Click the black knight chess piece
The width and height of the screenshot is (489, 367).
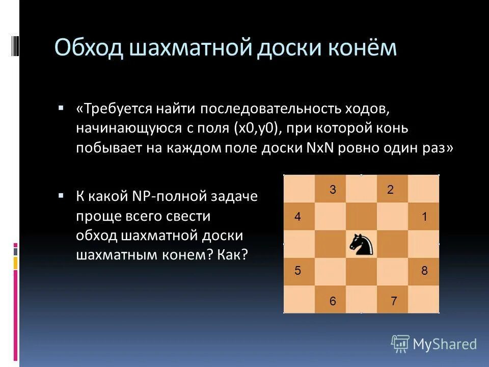[361, 245]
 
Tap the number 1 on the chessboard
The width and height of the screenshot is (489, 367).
[424, 217]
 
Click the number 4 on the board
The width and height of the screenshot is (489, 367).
[297, 217]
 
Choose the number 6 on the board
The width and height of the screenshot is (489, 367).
[333, 301]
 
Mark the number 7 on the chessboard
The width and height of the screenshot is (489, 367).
[394, 301]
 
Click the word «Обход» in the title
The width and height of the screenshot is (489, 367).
[90, 48]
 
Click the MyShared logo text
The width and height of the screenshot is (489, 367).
[444, 345]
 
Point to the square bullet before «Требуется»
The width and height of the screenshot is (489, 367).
[61, 109]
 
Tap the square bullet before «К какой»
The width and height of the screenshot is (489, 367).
[61, 195]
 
